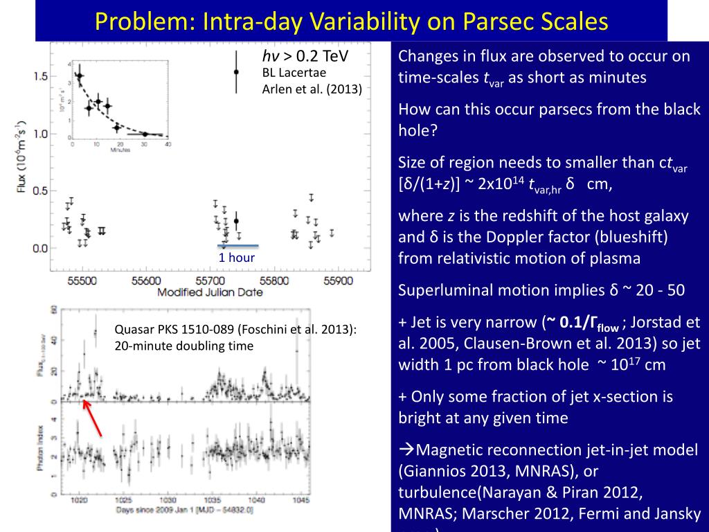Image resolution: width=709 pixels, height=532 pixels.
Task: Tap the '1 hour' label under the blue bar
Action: click(237, 258)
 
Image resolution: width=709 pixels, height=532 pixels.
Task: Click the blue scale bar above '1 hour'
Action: click(237, 245)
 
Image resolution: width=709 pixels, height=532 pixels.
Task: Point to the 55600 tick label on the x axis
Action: click(146, 281)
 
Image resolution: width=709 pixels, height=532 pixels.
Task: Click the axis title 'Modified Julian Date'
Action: click(210, 292)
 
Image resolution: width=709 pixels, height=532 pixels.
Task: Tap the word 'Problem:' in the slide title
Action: click(145, 22)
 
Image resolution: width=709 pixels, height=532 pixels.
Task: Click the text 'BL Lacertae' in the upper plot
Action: click(294, 73)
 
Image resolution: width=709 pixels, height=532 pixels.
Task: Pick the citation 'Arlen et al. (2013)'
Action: click(312, 88)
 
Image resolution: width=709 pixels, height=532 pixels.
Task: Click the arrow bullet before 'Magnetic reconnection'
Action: click(407, 450)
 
